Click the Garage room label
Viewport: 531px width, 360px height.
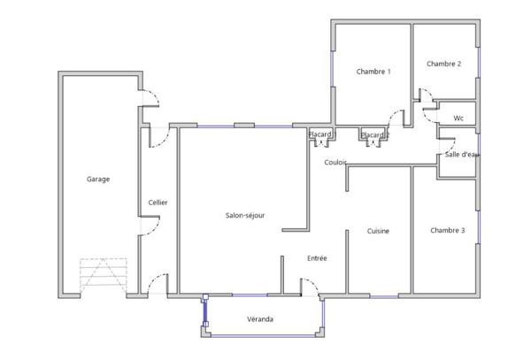(x=98, y=179)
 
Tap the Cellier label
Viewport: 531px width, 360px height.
(x=158, y=203)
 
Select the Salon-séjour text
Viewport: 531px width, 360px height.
(x=245, y=215)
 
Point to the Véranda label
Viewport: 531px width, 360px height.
(x=260, y=319)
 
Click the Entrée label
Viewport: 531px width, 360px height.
(x=317, y=258)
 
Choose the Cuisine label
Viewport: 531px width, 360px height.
(x=378, y=231)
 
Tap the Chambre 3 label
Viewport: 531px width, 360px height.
(x=448, y=230)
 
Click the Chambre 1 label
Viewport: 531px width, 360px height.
(x=373, y=72)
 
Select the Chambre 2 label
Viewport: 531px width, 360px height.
(x=444, y=64)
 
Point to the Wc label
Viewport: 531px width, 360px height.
(x=458, y=118)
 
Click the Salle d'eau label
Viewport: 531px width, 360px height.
(x=462, y=155)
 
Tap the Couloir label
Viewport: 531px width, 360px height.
(x=335, y=163)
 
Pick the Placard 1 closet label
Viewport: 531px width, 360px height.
(x=321, y=134)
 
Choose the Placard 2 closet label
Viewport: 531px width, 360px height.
(x=375, y=135)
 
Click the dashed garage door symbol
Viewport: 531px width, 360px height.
(x=104, y=275)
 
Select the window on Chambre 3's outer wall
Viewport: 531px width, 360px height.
(x=478, y=227)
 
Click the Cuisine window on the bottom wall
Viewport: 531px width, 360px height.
(x=384, y=296)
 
